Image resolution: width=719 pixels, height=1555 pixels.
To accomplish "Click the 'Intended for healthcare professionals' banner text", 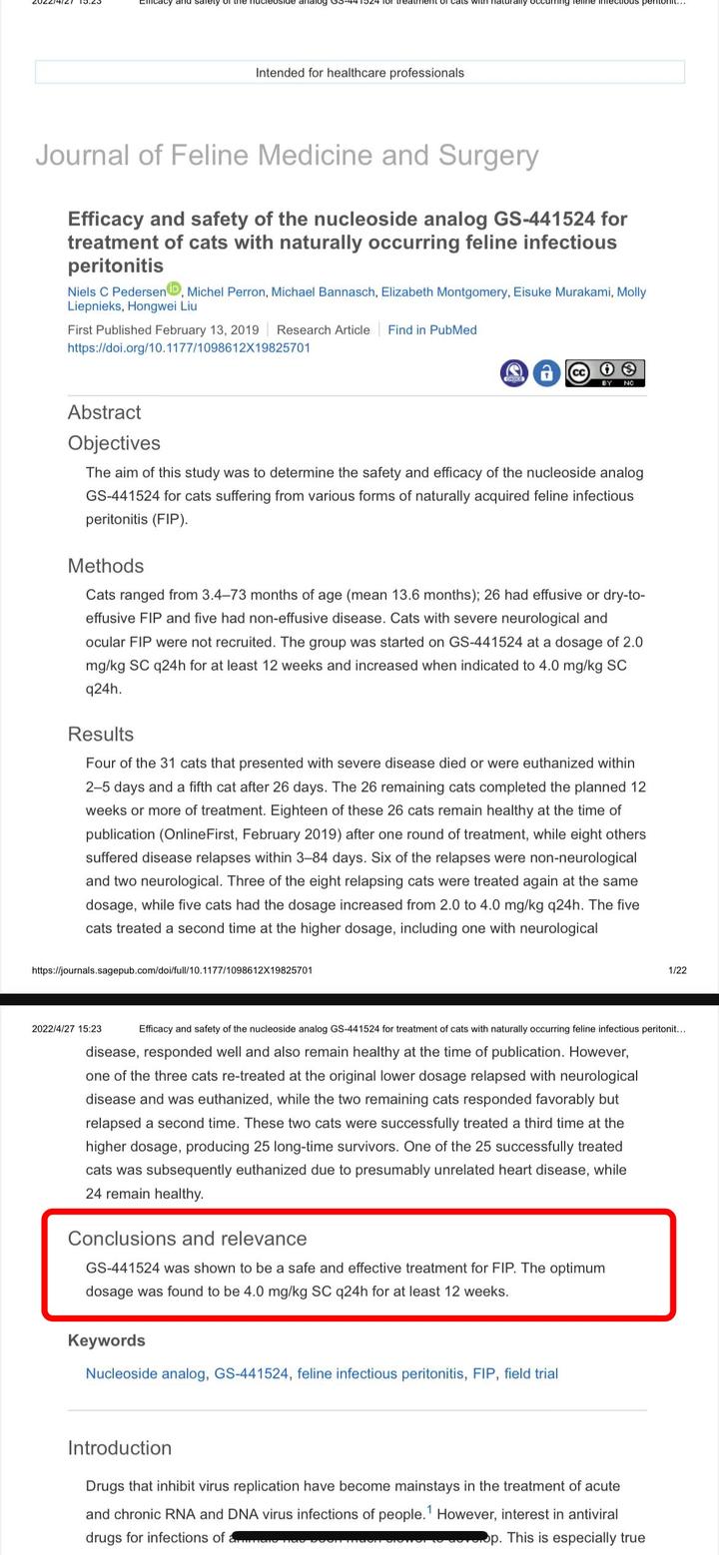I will pos(359,73).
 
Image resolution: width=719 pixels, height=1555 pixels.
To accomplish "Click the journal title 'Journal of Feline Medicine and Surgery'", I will pos(287,156).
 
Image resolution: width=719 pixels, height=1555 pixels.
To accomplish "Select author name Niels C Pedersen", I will pos(116,292).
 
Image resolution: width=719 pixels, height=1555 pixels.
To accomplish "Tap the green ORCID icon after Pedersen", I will pos(174,289).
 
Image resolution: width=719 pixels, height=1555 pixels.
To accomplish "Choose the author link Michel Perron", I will pos(227,292).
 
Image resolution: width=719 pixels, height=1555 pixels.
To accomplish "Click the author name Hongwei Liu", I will pos(162,306).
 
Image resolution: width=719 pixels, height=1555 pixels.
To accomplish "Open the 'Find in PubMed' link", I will pos(432,330).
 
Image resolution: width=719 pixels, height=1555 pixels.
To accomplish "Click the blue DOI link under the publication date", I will pos(189,348).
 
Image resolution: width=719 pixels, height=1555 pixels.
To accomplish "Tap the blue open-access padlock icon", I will pos(545,373).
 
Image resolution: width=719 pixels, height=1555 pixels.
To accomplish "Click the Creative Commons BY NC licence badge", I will pos(605,373).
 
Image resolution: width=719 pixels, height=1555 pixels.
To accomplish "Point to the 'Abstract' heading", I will pos(104,412).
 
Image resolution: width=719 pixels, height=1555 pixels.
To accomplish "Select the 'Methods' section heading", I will pos(106,566).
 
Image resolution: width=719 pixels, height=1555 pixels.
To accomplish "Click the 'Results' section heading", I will pos(101,734).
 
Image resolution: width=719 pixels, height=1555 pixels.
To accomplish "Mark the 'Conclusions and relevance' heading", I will pos(187,1239).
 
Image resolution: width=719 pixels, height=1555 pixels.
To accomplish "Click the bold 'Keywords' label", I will pos(107,1340).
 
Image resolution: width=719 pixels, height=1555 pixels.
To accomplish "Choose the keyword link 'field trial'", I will pos(531,1374).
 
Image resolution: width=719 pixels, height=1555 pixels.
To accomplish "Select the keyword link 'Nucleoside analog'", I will pos(146,1374).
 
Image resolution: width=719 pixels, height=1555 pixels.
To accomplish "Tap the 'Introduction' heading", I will pos(120,1448).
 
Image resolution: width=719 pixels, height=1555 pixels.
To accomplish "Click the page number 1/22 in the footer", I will pos(677,970).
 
